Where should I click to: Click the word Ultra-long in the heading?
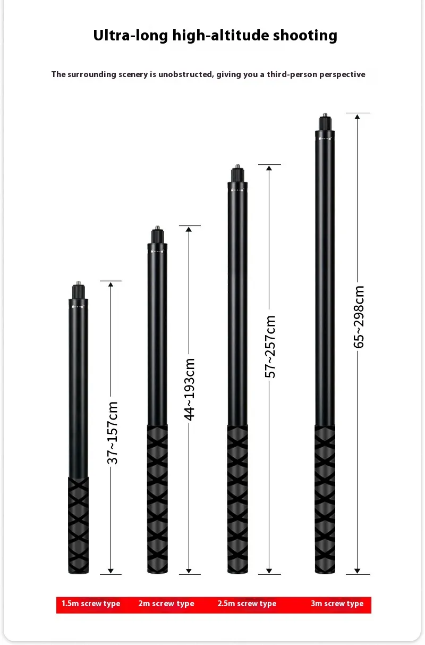pos(130,36)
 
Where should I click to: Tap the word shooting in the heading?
pos(305,36)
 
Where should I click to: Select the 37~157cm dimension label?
pos(112,433)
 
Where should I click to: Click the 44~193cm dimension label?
pos(189,390)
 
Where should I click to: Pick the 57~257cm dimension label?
pos(270,346)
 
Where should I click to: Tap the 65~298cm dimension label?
pos(359,317)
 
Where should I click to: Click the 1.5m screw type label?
pos(91,603)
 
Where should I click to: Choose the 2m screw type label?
pos(166,603)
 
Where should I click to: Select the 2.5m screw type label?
pos(247,603)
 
